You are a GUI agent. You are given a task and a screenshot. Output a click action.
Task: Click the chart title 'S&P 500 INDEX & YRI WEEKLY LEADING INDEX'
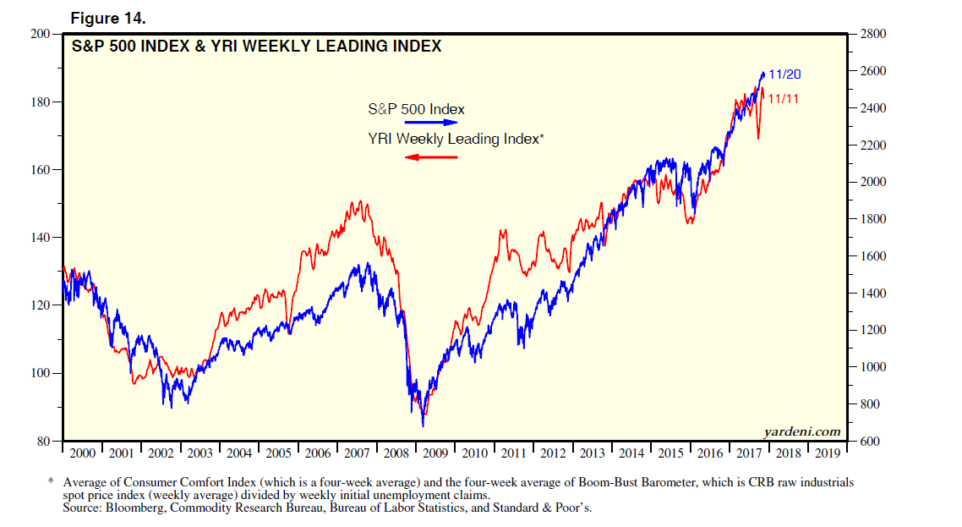pos(256,47)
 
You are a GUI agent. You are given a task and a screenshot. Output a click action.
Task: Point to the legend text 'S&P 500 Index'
pos(416,109)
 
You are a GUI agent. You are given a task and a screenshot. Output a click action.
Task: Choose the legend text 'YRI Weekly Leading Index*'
pos(455,140)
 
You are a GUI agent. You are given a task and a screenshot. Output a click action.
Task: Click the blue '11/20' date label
pos(784,75)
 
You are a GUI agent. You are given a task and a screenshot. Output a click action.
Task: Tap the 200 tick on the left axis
pos(41,34)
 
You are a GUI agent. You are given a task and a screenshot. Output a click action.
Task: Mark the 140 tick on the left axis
pos(41,238)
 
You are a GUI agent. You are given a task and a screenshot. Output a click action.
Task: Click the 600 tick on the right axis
pos(870,442)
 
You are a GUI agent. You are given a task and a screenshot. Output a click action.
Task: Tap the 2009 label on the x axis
pos(436,453)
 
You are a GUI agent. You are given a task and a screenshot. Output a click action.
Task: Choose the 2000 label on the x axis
pos(82,453)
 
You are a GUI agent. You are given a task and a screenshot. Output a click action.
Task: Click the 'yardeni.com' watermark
pos(802,431)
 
